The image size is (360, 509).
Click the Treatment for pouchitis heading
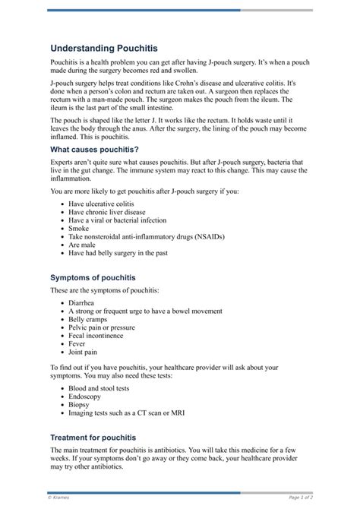tap(93, 438)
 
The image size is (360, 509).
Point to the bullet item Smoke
tap(79, 227)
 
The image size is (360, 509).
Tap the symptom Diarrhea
tap(85, 302)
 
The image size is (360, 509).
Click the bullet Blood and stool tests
tap(99, 387)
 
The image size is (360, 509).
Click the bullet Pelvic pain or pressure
tap(102, 327)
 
